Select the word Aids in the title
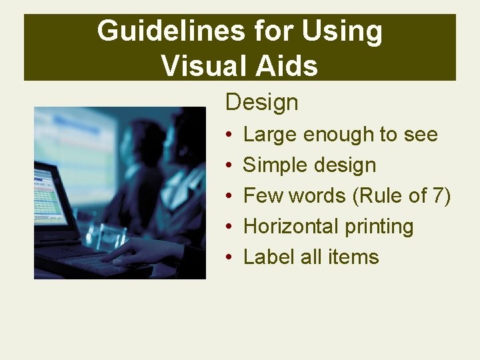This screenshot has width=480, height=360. point(285,65)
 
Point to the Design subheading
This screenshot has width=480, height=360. point(261,103)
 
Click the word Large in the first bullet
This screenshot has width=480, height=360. point(270,135)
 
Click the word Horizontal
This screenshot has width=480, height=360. point(291,227)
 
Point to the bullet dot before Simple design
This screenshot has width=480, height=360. point(228,166)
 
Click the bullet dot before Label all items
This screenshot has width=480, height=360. point(228,258)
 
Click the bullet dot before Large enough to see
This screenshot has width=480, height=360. point(228,135)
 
